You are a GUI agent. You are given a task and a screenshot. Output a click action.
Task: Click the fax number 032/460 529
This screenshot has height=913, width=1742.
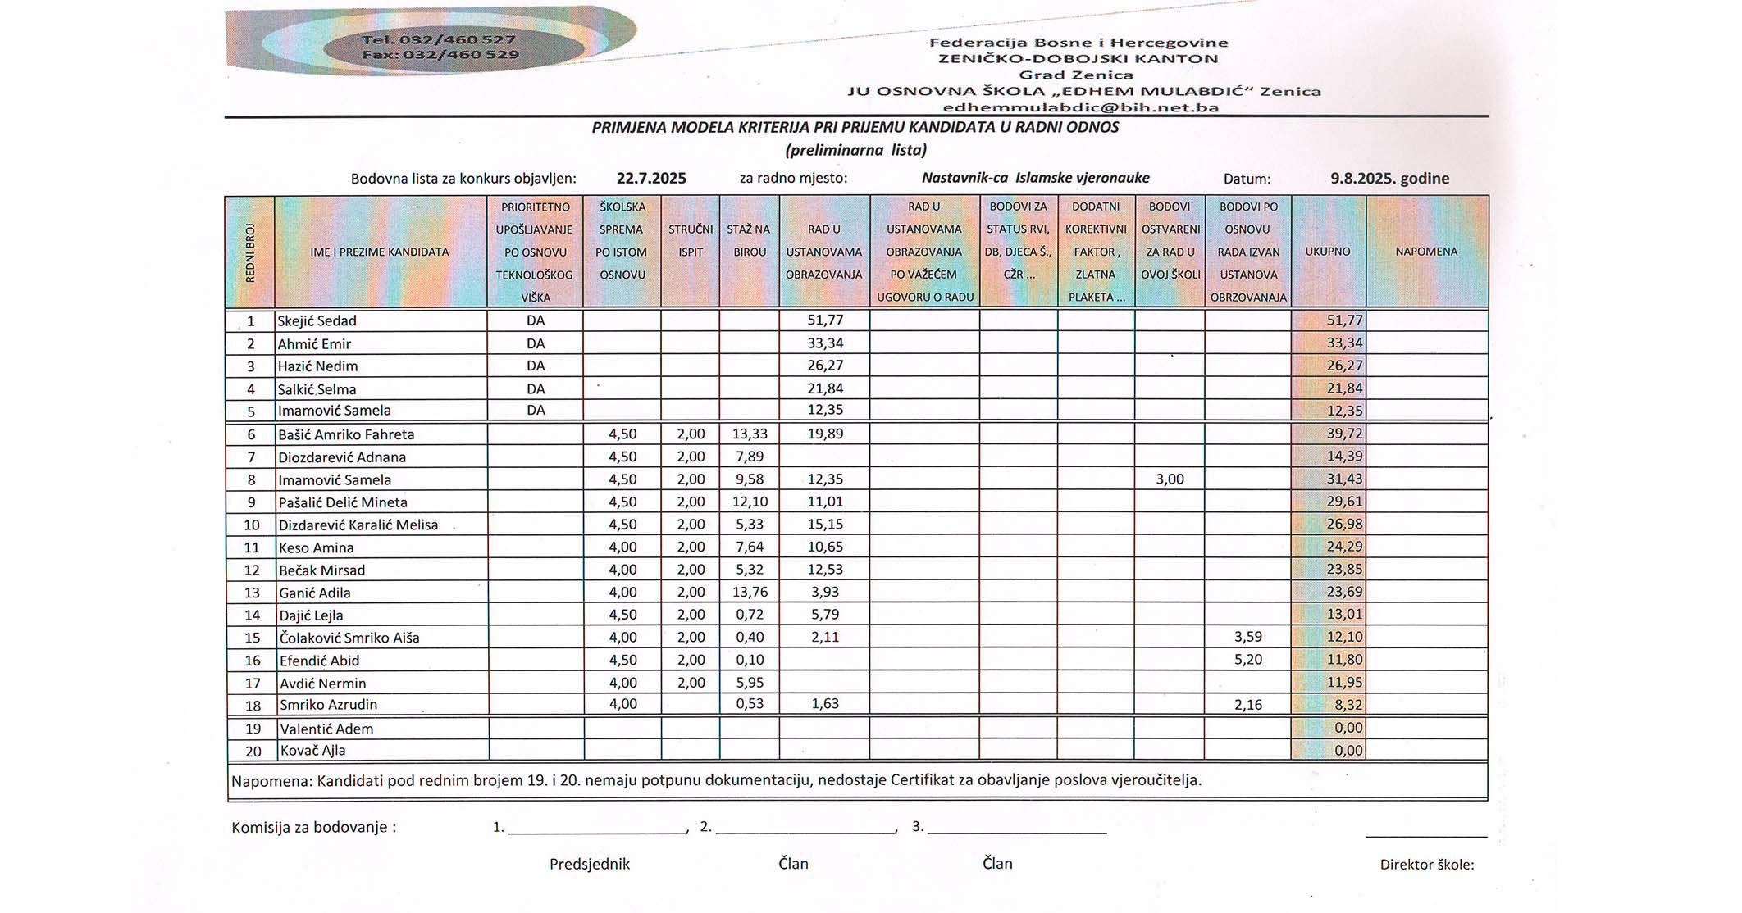pos(440,55)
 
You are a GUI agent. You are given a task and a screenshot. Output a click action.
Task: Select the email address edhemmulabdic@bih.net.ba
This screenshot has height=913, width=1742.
pos(1080,107)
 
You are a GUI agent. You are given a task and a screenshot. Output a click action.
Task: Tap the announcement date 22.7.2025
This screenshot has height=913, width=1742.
pos(651,178)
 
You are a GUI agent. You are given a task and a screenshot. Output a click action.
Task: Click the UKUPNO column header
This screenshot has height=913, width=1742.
pos(1328,252)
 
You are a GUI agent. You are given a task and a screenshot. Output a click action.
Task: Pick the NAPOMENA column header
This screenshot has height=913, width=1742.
pos(1426,252)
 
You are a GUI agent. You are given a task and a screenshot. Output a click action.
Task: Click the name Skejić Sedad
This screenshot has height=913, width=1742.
pos(317,320)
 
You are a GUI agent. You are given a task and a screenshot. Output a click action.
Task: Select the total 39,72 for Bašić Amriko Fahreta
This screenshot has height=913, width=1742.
pos(1344,434)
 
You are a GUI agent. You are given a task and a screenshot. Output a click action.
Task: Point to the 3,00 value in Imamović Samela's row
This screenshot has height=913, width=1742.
pos(1170,479)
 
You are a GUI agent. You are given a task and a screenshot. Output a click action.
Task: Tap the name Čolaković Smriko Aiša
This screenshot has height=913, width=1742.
pos(349,638)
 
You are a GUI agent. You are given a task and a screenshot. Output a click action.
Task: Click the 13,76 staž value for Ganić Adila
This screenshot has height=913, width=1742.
pos(750,592)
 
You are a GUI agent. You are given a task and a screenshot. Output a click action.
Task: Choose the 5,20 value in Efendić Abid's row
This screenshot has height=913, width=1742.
pos(1247,660)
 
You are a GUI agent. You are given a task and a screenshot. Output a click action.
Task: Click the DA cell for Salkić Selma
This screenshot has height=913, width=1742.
pos(536,388)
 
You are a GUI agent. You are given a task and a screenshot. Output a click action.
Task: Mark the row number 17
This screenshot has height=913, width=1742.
pos(252,683)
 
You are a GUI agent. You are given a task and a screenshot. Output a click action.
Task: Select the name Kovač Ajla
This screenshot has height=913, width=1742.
pos(312,750)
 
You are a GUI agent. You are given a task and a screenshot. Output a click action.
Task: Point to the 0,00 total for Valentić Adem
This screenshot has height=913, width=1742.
pos(1348,728)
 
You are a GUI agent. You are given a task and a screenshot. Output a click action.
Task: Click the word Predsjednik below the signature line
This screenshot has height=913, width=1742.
pos(590,864)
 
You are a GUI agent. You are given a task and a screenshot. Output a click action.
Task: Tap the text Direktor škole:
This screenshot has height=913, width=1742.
pos(1426,865)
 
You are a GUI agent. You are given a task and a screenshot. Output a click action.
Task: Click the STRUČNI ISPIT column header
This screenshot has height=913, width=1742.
pos(691,241)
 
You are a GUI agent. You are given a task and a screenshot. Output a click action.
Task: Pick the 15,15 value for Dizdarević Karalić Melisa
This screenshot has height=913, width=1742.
pos(824,525)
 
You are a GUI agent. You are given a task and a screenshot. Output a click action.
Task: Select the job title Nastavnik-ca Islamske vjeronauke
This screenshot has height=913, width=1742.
pos(1035,178)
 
